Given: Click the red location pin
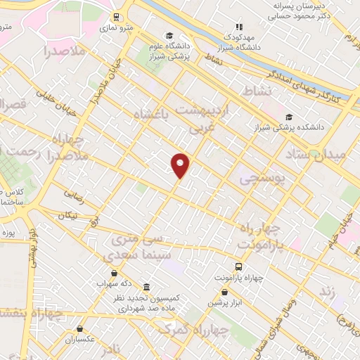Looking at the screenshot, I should (x=181, y=165).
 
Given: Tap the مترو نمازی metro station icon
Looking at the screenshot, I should (x=117, y=18).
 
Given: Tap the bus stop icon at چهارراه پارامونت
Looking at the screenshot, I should (x=239, y=267).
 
